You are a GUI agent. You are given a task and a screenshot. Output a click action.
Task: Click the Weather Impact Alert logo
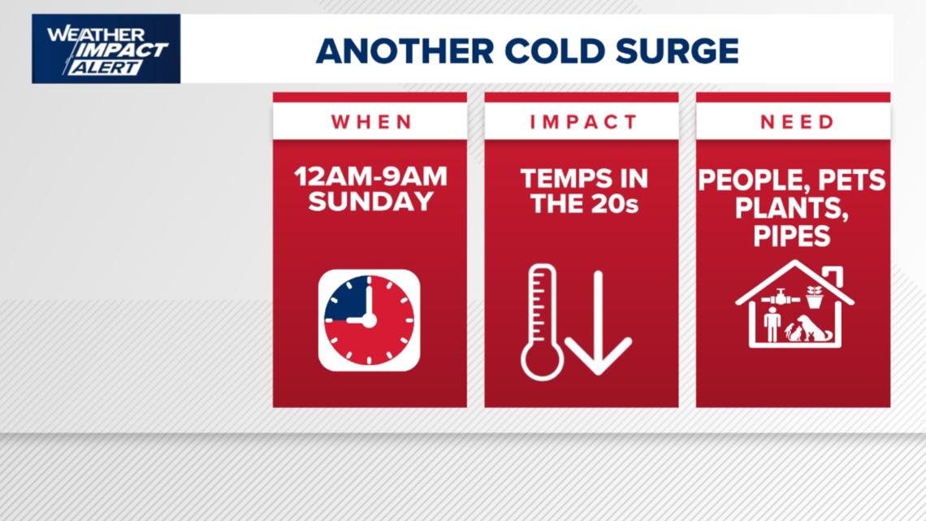point(106,49)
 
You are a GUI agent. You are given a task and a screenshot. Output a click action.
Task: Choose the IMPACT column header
point(582,122)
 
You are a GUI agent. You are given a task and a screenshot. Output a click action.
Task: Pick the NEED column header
point(793,122)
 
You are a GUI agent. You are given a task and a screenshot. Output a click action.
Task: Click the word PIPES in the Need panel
point(793,236)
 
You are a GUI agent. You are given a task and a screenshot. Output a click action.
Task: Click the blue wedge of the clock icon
point(346,300)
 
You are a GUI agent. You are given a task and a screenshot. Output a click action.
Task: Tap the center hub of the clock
point(369,319)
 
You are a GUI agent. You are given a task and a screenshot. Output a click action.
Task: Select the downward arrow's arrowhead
point(599,358)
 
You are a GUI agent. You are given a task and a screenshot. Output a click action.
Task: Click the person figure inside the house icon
point(772,323)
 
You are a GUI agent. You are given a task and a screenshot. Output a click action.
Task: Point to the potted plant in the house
point(815,296)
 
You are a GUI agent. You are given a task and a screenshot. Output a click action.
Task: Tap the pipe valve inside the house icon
point(781,297)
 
